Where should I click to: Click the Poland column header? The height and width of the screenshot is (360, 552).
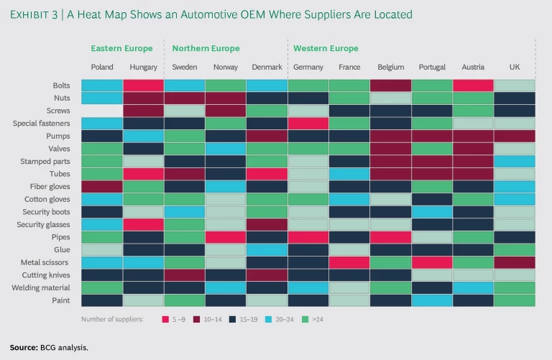click(102, 67)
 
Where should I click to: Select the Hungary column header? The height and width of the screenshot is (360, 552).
click(143, 67)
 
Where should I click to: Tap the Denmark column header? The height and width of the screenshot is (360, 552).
click(267, 67)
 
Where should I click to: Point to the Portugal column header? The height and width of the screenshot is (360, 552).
click(432, 67)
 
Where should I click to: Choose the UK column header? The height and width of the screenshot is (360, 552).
click(515, 67)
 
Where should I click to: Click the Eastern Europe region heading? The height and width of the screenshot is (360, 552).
click(121, 49)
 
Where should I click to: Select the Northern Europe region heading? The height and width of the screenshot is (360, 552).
click(206, 49)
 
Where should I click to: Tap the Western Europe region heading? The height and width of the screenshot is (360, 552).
click(326, 49)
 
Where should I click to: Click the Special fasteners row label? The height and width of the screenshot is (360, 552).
click(41, 123)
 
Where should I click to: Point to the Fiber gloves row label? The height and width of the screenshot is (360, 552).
click(50, 186)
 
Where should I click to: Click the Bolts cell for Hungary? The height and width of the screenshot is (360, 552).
click(143, 86)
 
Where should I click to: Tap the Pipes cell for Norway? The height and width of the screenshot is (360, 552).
click(226, 236)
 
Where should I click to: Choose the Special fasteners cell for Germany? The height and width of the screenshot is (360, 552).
click(308, 123)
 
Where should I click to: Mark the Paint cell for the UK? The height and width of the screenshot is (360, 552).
click(515, 300)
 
